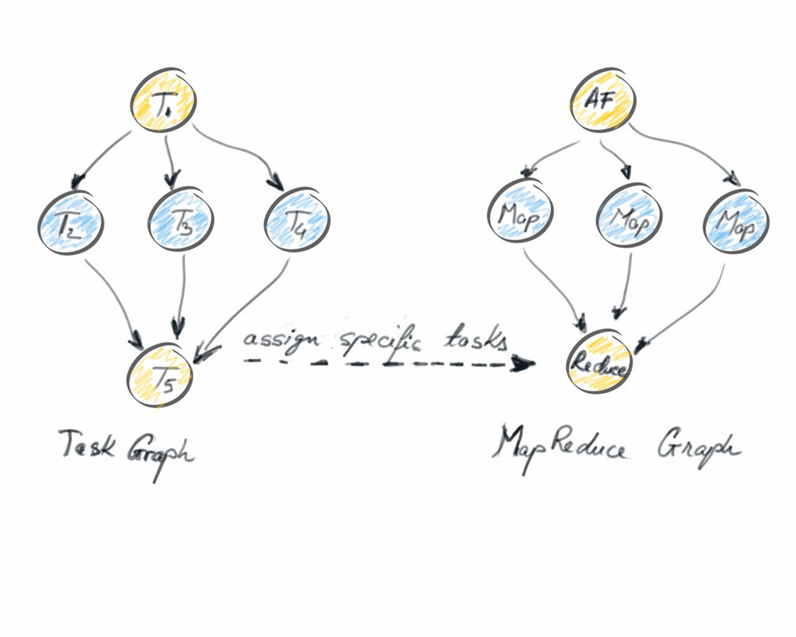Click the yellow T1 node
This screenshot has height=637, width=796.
coord(164,101)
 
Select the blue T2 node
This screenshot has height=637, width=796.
coord(70,223)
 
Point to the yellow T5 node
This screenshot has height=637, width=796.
coord(160,377)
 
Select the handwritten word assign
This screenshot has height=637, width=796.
coord(281,340)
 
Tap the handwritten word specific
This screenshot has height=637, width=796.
coord(379,341)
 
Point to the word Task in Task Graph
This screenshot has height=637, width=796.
coord(87,445)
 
